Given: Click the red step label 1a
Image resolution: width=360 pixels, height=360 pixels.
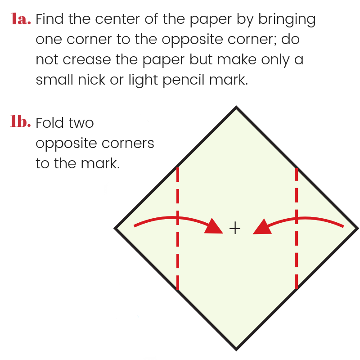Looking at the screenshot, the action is [x=21, y=18].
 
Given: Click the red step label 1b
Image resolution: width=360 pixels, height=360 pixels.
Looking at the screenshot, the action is [x=20, y=121].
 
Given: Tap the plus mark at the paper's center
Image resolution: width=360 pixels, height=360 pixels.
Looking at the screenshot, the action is [x=235, y=229].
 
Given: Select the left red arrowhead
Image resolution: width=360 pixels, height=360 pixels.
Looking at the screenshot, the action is [x=214, y=226].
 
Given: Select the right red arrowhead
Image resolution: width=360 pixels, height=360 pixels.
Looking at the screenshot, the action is [x=262, y=227].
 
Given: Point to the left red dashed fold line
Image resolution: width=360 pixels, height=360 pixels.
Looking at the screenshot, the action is [x=178, y=229].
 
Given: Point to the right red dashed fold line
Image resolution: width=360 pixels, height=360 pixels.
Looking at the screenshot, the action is [x=297, y=229].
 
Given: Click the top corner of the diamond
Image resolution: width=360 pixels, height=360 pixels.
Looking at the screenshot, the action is [x=236, y=107].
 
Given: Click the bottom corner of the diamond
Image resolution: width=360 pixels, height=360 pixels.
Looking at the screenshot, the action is [x=236, y=351].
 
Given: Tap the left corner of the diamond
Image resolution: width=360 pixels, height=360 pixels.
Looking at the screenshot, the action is [x=114, y=229].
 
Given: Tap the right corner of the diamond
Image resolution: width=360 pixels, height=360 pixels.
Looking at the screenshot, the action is [x=358, y=229].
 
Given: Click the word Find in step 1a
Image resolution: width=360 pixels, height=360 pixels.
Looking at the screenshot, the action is [x=49, y=18].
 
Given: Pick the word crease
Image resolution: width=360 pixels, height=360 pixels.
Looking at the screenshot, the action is [x=87, y=59].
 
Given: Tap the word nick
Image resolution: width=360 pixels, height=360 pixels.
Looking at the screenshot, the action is [x=92, y=80].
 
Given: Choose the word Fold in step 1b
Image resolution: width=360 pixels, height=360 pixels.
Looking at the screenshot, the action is [x=49, y=122].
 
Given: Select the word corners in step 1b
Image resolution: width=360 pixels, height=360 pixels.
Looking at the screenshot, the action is [x=128, y=144].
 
